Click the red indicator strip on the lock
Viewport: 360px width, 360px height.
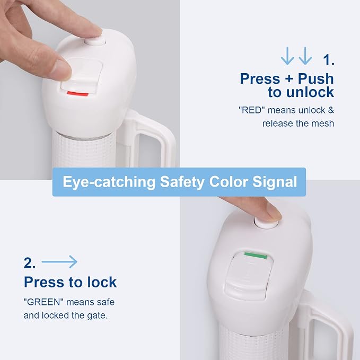pos(77,93)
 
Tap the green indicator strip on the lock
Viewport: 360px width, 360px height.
pos(256,256)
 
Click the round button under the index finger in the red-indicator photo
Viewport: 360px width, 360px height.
pos(94,42)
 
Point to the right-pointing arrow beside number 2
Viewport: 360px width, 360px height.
pos(59,262)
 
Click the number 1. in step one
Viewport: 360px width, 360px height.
pos(329,60)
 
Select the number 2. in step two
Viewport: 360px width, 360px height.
pos(30,263)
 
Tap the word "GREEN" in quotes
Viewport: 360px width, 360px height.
pos(43,302)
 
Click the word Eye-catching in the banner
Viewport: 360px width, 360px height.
pos(109,182)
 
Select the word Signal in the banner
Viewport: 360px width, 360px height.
pos(275,182)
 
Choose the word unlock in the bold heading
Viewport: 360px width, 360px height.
pos(310,92)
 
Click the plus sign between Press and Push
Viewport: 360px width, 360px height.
pos(289,79)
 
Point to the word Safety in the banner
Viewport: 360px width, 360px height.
pos(182,182)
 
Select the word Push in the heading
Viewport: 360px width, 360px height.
pos(315,79)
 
